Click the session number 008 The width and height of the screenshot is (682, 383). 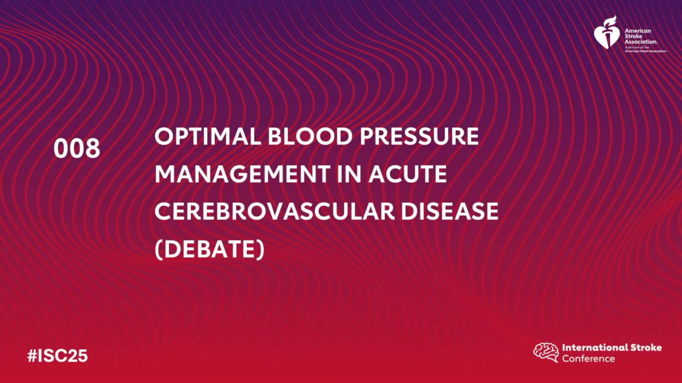(x=77, y=148)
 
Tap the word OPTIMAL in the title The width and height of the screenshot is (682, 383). (x=208, y=137)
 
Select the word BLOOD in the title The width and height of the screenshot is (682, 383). (x=310, y=137)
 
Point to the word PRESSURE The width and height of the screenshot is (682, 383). (x=419, y=137)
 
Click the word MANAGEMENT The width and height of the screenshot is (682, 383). (x=243, y=174)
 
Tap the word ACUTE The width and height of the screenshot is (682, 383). (x=407, y=174)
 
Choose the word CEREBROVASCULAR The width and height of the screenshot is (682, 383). (x=275, y=212)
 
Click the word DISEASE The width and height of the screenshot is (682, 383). (x=450, y=212)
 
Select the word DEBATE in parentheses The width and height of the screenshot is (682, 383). (x=210, y=249)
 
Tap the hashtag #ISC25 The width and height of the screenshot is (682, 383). (x=58, y=356)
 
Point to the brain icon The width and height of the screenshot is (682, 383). (x=546, y=353)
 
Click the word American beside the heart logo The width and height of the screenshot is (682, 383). (x=638, y=31)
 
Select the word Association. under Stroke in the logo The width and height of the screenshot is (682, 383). (x=641, y=42)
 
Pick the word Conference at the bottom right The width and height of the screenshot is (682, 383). (x=589, y=359)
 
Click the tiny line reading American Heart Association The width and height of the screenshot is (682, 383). (x=646, y=51)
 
